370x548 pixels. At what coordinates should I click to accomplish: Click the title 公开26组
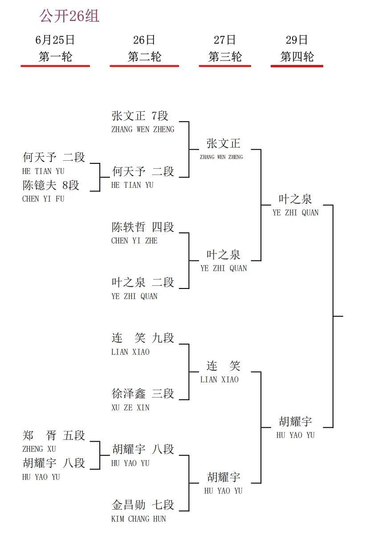[x=69, y=16]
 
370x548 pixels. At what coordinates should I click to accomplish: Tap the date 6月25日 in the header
[x=55, y=40]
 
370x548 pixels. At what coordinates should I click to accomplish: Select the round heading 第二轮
[x=144, y=57]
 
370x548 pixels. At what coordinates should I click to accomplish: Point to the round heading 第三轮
[x=225, y=57]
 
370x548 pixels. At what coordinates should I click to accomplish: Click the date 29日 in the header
[x=297, y=40]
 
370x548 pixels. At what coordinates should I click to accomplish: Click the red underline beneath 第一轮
[x=55, y=66]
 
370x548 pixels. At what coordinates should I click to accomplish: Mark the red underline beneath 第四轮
[x=297, y=66]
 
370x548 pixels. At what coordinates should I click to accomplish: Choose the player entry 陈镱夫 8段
[x=51, y=185]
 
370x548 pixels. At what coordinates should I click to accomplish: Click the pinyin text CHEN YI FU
[x=43, y=199]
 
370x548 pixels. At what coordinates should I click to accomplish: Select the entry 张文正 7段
[x=140, y=116]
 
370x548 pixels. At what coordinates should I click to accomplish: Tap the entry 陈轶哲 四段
[x=142, y=227]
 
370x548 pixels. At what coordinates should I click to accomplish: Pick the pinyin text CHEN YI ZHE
[x=134, y=241]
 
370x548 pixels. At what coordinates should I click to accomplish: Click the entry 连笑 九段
[x=142, y=338]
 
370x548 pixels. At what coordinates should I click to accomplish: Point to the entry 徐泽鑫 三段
[x=142, y=394]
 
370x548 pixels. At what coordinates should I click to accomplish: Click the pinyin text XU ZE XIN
[x=130, y=408]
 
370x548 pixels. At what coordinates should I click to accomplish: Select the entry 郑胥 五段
[x=53, y=435]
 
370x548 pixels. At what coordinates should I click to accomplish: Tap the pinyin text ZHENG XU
[x=39, y=449]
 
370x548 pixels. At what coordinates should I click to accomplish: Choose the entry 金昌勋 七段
[x=142, y=505]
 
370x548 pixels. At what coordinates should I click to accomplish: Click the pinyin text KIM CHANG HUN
[x=138, y=519]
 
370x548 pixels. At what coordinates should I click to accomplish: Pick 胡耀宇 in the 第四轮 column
[x=295, y=422]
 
